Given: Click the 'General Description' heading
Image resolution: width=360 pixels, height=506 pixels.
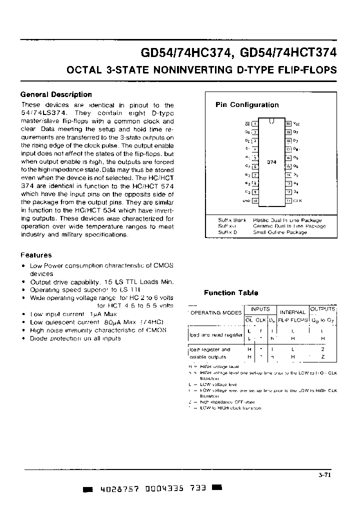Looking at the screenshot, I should click(x=56, y=94).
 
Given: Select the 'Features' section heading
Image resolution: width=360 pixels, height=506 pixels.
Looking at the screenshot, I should click(x=36, y=255).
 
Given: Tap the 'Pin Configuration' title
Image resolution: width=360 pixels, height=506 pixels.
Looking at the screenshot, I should click(x=247, y=105).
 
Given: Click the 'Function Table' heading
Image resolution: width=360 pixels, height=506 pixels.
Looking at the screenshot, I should click(x=231, y=293).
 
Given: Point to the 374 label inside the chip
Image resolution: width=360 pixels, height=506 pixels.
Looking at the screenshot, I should click(x=271, y=162).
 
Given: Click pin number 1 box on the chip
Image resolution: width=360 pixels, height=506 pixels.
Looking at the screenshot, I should click(x=254, y=123).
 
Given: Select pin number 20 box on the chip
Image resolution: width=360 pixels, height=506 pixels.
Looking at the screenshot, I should click(x=288, y=123).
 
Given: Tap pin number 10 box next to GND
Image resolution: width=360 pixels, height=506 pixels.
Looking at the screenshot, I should click(x=254, y=201).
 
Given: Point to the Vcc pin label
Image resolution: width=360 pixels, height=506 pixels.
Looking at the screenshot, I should click(x=296, y=123).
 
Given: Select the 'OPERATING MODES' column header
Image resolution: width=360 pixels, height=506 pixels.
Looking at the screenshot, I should click(x=216, y=312).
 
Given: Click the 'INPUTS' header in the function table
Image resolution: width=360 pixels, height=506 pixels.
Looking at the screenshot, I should click(x=260, y=309).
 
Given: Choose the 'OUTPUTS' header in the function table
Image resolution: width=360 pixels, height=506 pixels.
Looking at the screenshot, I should click(x=323, y=309).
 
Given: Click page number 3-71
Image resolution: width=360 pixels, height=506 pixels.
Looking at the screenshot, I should click(x=324, y=475).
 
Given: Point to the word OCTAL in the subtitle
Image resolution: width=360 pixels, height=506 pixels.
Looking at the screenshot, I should click(x=84, y=70).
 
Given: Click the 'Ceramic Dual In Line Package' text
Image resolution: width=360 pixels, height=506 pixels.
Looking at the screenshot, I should click(x=289, y=226).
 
